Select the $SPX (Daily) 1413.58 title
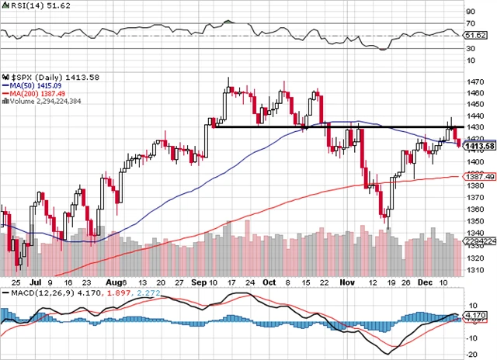pos(44,78)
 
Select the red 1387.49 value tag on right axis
pos(478,177)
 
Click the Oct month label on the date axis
pos(269,282)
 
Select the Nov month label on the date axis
pos(346,282)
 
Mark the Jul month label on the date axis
pos(36,282)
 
